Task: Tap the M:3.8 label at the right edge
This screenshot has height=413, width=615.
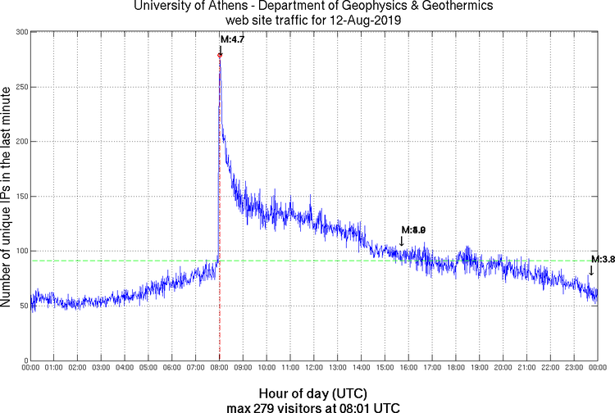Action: pos(603,259)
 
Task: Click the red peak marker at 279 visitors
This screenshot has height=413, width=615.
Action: pos(220,55)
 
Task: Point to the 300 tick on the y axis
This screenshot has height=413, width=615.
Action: pos(21,32)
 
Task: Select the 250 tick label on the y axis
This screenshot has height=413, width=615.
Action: pos(21,87)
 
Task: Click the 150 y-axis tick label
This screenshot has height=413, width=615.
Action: pos(21,197)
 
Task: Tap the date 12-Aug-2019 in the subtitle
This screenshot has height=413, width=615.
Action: pos(365,20)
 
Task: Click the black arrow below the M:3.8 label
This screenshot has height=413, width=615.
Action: pos(591,270)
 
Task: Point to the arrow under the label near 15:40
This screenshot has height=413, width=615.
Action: pos(402,240)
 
